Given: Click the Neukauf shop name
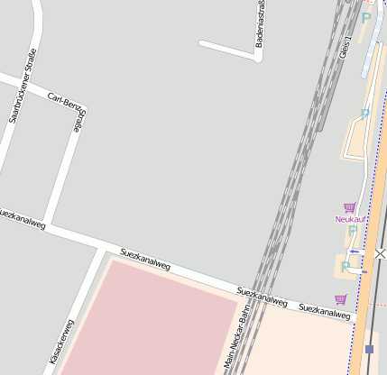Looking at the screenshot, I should tap(350, 219).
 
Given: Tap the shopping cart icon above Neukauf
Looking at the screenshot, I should tap(349, 207).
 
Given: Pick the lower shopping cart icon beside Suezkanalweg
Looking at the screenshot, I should tap(340, 299).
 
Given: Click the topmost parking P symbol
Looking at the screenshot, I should tap(365, 17).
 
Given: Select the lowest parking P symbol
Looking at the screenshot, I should tap(346, 266).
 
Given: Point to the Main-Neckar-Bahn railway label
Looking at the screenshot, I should tap(235, 341).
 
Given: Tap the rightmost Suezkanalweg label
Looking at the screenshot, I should tap(324, 311).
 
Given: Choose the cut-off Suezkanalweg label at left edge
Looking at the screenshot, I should tap(22, 219).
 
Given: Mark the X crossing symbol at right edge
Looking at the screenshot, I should tap(380, 255).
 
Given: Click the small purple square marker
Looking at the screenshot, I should tap(369, 349).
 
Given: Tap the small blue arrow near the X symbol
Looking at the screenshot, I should tap(354, 252).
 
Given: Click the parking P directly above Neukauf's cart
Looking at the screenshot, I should tap(364, 114).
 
